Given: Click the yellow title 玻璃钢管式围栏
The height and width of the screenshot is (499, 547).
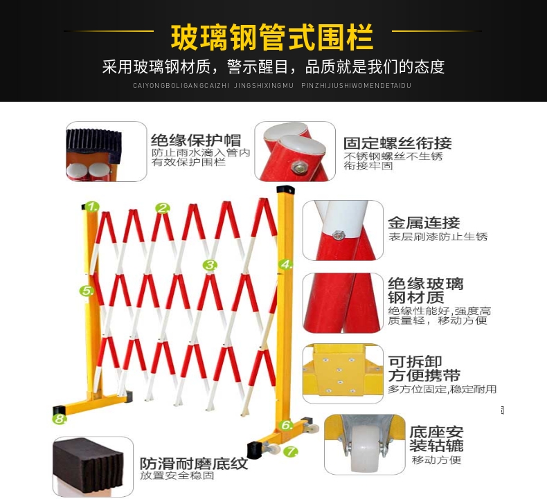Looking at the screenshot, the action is [272, 37].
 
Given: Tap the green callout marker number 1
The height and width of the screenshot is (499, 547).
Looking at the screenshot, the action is [92, 207].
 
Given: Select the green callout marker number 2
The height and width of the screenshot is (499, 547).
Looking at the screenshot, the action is [163, 208].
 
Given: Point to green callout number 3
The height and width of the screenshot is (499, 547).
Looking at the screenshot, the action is [210, 265].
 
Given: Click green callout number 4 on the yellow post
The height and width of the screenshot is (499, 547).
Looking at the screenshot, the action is [286, 264].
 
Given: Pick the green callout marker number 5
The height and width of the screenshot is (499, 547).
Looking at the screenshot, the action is [87, 291].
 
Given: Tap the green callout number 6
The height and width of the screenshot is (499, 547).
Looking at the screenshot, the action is [287, 425].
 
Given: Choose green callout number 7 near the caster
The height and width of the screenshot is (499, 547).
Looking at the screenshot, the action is [290, 451].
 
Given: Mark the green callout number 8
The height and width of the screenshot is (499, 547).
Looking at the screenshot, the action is [60, 419].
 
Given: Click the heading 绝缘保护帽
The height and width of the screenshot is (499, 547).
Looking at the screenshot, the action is [196, 140].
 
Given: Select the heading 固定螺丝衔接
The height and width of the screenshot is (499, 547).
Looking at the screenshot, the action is [397, 143].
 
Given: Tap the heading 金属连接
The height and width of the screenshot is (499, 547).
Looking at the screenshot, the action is [424, 222].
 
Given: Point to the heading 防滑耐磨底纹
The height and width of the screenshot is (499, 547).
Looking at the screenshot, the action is [194, 464].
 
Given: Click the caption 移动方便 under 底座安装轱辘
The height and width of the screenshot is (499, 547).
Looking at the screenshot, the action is [436, 460].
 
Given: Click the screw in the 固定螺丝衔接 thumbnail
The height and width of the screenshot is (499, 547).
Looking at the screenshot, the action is [299, 167].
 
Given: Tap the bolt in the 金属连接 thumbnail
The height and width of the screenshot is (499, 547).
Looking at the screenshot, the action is [337, 235].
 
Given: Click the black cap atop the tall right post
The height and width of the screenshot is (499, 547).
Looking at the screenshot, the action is [285, 190].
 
